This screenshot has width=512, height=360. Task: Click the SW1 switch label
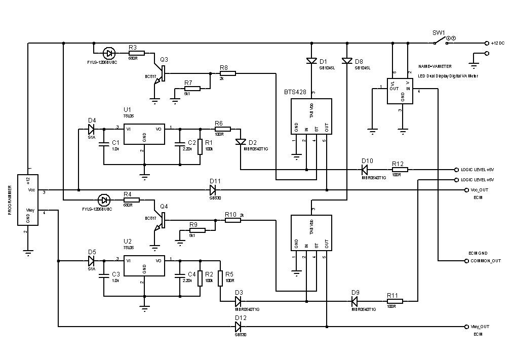[438, 33]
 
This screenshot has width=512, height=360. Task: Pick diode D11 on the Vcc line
[213, 190]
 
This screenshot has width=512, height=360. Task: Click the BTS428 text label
[294, 92]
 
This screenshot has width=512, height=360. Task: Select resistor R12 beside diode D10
[398, 170]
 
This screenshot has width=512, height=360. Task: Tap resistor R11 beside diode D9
[394, 301]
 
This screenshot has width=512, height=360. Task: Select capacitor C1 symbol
[103, 143]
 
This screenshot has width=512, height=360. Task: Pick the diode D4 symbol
[91, 128]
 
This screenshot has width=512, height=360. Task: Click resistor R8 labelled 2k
[227, 73]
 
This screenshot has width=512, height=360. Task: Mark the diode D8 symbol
[347, 61]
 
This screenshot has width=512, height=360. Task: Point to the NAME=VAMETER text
[435, 66]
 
